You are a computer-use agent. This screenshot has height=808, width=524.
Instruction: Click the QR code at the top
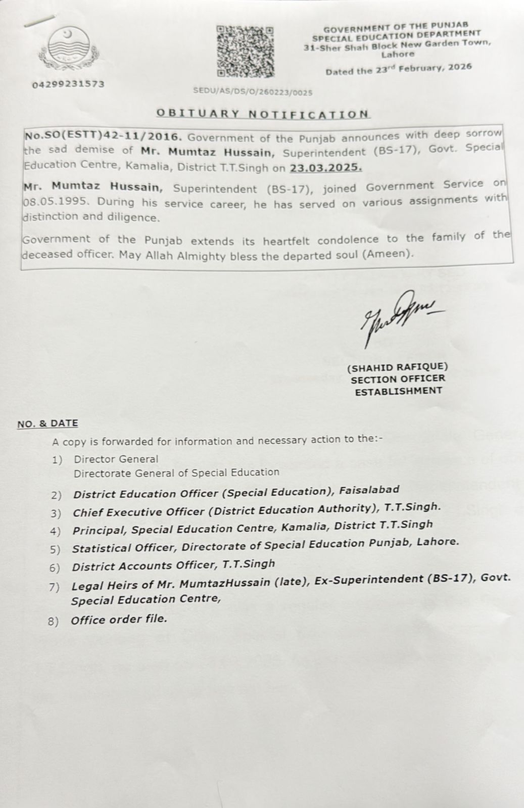pyautogui.click(x=246, y=51)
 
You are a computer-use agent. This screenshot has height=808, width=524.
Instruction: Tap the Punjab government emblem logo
pyautogui.click(x=69, y=47)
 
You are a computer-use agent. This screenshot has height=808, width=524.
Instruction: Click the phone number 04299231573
pyautogui.click(x=68, y=84)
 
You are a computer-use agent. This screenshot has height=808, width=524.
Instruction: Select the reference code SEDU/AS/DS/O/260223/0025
pyautogui.click(x=253, y=92)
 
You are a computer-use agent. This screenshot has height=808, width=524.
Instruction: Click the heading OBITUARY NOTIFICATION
pyautogui.click(x=263, y=114)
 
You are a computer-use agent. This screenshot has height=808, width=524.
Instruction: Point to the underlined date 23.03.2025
pyautogui.click(x=326, y=167)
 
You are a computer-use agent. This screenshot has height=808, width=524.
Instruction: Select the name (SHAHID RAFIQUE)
pyautogui.click(x=397, y=367)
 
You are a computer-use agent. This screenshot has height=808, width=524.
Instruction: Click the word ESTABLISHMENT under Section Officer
pyautogui.click(x=398, y=391)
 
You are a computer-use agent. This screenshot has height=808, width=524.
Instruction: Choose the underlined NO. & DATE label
pyautogui.click(x=47, y=424)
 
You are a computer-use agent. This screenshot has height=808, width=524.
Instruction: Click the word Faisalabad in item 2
pyautogui.click(x=369, y=490)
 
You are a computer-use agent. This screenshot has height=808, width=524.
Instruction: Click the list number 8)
pyautogui.click(x=54, y=621)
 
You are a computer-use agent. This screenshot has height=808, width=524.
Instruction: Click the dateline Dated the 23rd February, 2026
pyautogui.click(x=398, y=69)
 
